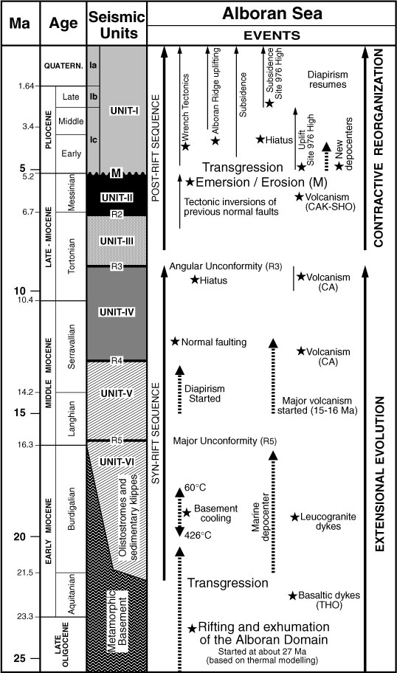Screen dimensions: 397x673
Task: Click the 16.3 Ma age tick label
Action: click(24, 445)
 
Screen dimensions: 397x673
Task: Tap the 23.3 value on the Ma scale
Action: click(24, 617)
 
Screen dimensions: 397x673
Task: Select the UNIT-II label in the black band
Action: click(117, 198)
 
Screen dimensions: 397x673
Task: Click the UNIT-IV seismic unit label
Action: click(117, 312)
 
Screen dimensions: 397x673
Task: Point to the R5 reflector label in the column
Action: click(117, 441)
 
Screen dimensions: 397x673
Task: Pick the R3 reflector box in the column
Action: click(117, 266)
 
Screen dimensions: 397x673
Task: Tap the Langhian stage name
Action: click(72, 418)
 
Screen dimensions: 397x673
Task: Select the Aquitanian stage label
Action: click(72, 594)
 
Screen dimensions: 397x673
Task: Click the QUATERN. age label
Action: click(63, 66)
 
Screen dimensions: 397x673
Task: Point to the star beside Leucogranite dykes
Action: click(294, 517)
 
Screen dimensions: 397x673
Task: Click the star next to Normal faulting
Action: click(175, 342)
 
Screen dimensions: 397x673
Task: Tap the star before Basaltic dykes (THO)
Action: click(293, 596)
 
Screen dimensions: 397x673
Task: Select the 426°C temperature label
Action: click(198, 536)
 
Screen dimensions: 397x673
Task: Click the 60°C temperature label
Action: click(196, 488)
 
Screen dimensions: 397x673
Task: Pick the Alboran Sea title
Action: click(272, 14)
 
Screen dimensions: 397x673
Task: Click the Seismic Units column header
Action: click(117, 24)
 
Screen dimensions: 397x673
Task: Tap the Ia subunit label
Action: click(93, 66)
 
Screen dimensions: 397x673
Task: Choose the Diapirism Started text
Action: click(204, 393)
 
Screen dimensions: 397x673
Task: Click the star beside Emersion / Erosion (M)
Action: click(190, 182)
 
